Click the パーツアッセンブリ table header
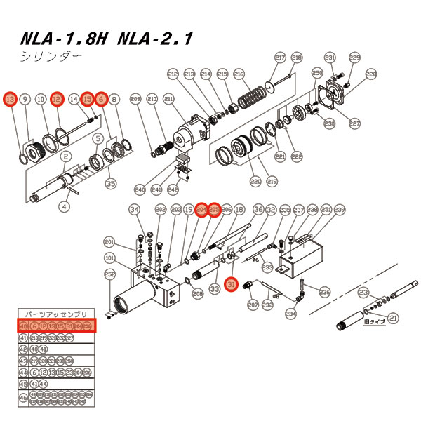(56, 314)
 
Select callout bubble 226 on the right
(371, 74)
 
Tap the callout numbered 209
(135, 100)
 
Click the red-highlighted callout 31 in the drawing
(229, 283)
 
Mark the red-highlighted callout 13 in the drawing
(10, 100)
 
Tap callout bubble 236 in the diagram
(325, 292)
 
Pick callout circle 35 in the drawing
(110, 184)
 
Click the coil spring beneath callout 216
(255, 95)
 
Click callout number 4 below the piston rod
(64, 206)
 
